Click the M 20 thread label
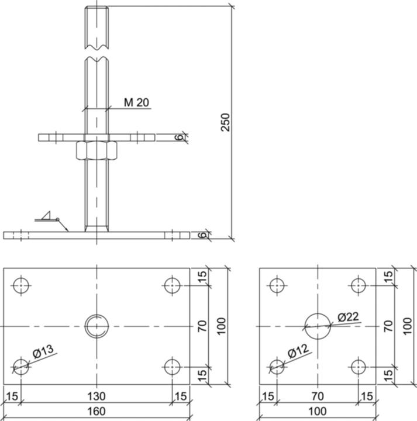click(136, 102)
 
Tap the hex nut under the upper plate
click(97, 151)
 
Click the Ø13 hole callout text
click(43, 353)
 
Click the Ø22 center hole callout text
click(348, 317)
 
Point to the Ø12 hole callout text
click(298, 353)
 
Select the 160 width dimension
click(97, 412)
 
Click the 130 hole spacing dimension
click(97, 396)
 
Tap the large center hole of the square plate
click(318, 326)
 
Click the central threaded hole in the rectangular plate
click(97, 326)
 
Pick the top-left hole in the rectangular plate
click(22, 285)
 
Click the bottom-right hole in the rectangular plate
click(172, 367)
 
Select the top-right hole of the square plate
click(358, 285)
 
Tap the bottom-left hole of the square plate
click(277, 367)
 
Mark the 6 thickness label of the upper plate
click(180, 137)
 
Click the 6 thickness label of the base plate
click(202, 235)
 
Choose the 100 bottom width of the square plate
click(318, 412)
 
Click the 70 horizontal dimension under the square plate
click(318, 396)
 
